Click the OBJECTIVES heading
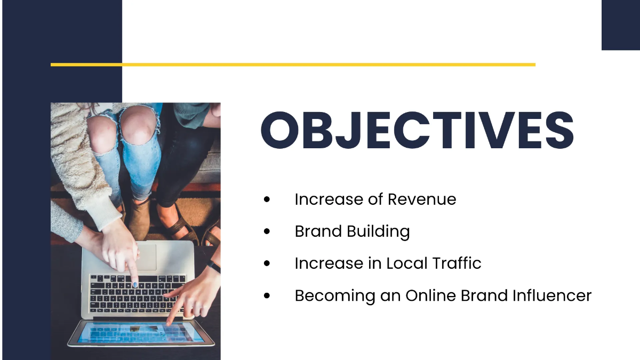pos(417,130)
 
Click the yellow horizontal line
pos(293,65)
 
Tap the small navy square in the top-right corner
pos(620,25)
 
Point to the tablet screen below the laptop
pos(140,333)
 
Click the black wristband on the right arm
pos(214,266)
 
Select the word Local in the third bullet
pos(406,263)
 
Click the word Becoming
pos(325,296)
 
